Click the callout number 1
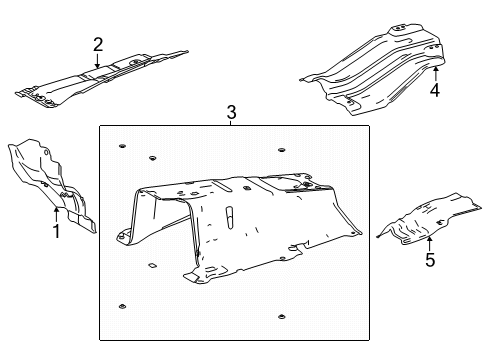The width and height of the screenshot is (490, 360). [57, 231]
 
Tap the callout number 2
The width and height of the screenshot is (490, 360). [98, 45]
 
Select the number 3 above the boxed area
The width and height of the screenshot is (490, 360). [231, 112]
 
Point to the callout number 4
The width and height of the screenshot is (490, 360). [435, 90]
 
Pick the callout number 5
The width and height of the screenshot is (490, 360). [430, 260]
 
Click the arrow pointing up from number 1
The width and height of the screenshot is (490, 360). [56, 214]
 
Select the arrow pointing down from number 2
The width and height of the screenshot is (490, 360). [97, 61]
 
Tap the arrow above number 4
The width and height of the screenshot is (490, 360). [435, 73]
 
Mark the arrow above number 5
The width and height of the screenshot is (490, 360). [429, 243]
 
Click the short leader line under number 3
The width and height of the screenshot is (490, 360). [231, 123]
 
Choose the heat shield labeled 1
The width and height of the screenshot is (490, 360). [52, 185]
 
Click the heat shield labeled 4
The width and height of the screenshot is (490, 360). [373, 69]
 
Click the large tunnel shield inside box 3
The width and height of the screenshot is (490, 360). [238, 227]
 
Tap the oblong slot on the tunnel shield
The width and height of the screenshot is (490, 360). [229, 218]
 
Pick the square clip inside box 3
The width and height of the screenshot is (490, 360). [152, 266]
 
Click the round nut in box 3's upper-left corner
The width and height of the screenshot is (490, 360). [122, 146]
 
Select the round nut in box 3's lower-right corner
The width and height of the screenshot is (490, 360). [282, 317]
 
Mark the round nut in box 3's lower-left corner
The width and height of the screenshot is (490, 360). [122, 307]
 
